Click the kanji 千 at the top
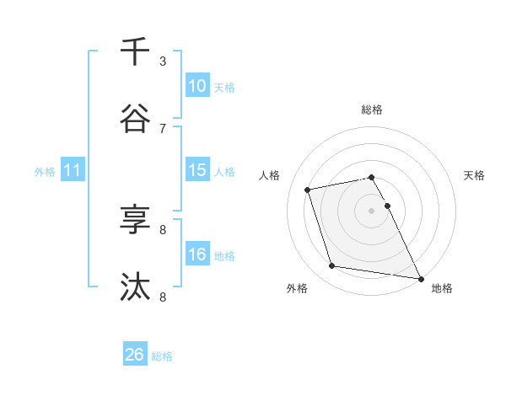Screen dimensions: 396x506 point(135,52)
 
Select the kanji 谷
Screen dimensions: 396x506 point(135,120)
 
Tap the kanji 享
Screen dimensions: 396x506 point(135,221)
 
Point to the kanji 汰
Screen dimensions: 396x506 point(135,288)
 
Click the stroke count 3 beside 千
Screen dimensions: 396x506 point(163,62)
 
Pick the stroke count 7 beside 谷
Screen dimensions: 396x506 point(163,128)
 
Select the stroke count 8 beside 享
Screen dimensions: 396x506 point(163,229)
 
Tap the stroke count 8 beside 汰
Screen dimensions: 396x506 point(163,297)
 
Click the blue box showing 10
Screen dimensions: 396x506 point(197,86)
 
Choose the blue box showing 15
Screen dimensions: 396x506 point(197,170)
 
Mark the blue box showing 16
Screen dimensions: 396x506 point(197,254)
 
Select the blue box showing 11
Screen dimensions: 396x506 point(73,170)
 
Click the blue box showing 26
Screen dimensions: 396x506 point(135,356)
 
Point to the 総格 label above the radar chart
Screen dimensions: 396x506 point(372,110)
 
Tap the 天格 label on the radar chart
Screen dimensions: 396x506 point(474,175)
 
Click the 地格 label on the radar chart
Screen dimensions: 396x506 point(442,288)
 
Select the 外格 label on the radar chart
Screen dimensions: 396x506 point(297,288)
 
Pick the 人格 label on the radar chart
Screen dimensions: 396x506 point(271,175)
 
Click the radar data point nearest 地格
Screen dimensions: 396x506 point(419,278)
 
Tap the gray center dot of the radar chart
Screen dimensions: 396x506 point(372,210)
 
